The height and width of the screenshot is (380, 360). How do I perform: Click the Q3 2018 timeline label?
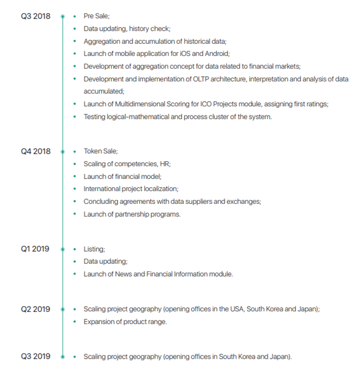click(x=36, y=16)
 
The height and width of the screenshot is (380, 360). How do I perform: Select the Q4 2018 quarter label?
click(x=36, y=151)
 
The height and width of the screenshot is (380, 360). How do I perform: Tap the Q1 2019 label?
click(x=35, y=249)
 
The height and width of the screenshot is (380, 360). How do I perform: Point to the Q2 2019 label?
click(x=36, y=309)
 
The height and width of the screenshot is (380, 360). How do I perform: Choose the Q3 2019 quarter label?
click(x=36, y=356)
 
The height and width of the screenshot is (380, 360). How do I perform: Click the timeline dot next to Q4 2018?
click(x=63, y=151)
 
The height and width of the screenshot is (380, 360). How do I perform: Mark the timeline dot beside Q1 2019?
click(x=63, y=249)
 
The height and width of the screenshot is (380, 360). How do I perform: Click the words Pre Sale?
click(x=96, y=16)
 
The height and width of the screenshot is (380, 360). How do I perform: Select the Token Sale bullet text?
click(x=100, y=151)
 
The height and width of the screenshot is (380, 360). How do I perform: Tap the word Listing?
click(x=94, y=249)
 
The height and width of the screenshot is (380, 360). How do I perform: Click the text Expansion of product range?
click(x=125, y=322)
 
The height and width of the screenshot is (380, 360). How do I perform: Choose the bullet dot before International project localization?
click(x=75, y=189)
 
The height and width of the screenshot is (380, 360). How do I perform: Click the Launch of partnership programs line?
click(x=132, y=214)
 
